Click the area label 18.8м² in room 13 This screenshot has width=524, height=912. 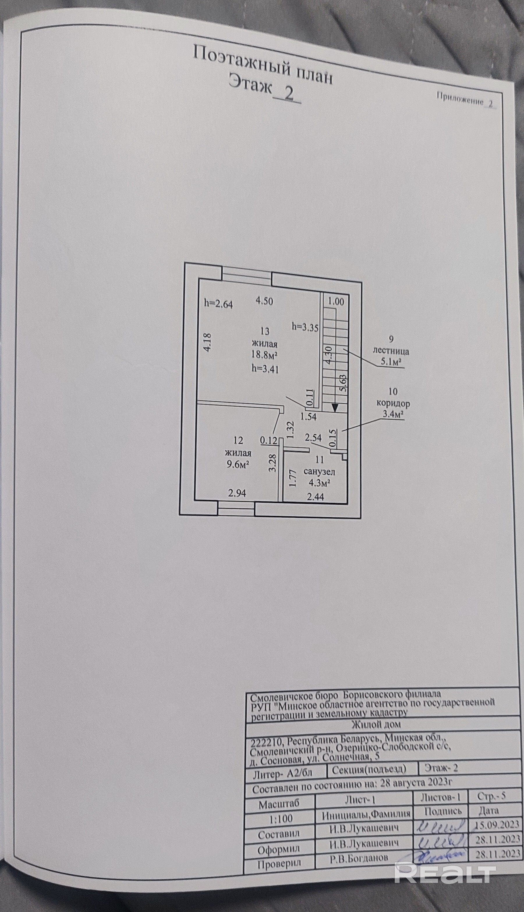(x=264, y=355)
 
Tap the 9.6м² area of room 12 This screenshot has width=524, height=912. (x=238, y=465)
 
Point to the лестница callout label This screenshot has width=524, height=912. (x=391, y=351)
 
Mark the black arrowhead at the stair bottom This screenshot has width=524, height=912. (x=335, y=407)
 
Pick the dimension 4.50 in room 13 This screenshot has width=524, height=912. (x=264, y=301)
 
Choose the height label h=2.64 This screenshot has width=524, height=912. (x=218, y=304)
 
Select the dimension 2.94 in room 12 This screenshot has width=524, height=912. (x=237, y=493)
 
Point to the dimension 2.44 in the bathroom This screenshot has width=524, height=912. (x=315, y=497)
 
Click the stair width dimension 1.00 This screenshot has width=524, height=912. (x=336, y=301)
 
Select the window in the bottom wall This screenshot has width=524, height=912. (x=236, y=511)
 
